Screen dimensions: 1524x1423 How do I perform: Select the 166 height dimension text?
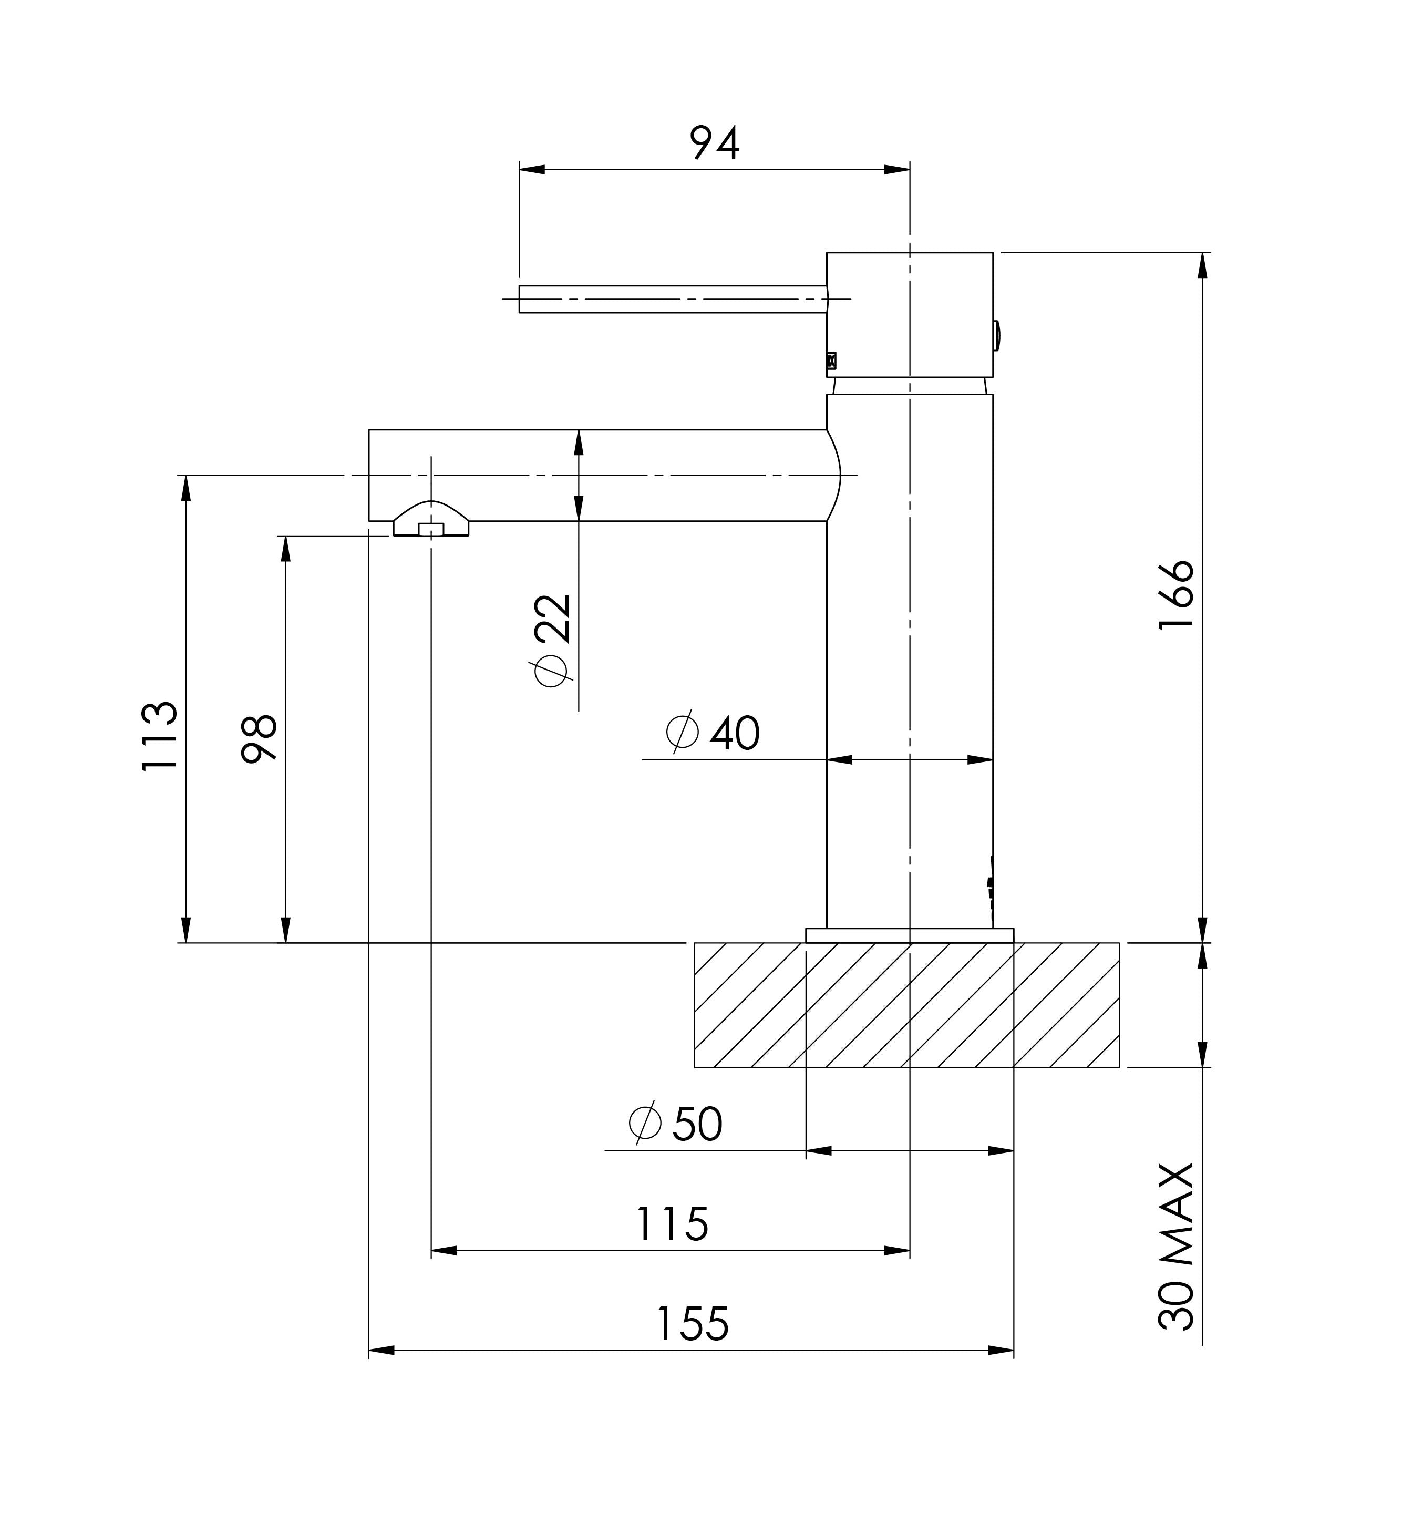(x=1175, y=595)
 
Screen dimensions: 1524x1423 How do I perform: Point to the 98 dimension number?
(x=259, y=738)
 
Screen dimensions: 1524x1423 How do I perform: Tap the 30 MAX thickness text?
(x=1176, y=1247)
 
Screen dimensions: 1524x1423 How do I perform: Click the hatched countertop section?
(x=905, y=1005)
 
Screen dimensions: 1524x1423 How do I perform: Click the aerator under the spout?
(x=431, y=521)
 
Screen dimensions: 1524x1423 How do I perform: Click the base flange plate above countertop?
(x=909, y=935)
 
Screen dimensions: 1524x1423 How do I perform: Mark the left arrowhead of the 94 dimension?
(x=531, y=169)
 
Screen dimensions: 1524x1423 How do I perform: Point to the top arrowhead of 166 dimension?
(x=1202, y=265)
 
